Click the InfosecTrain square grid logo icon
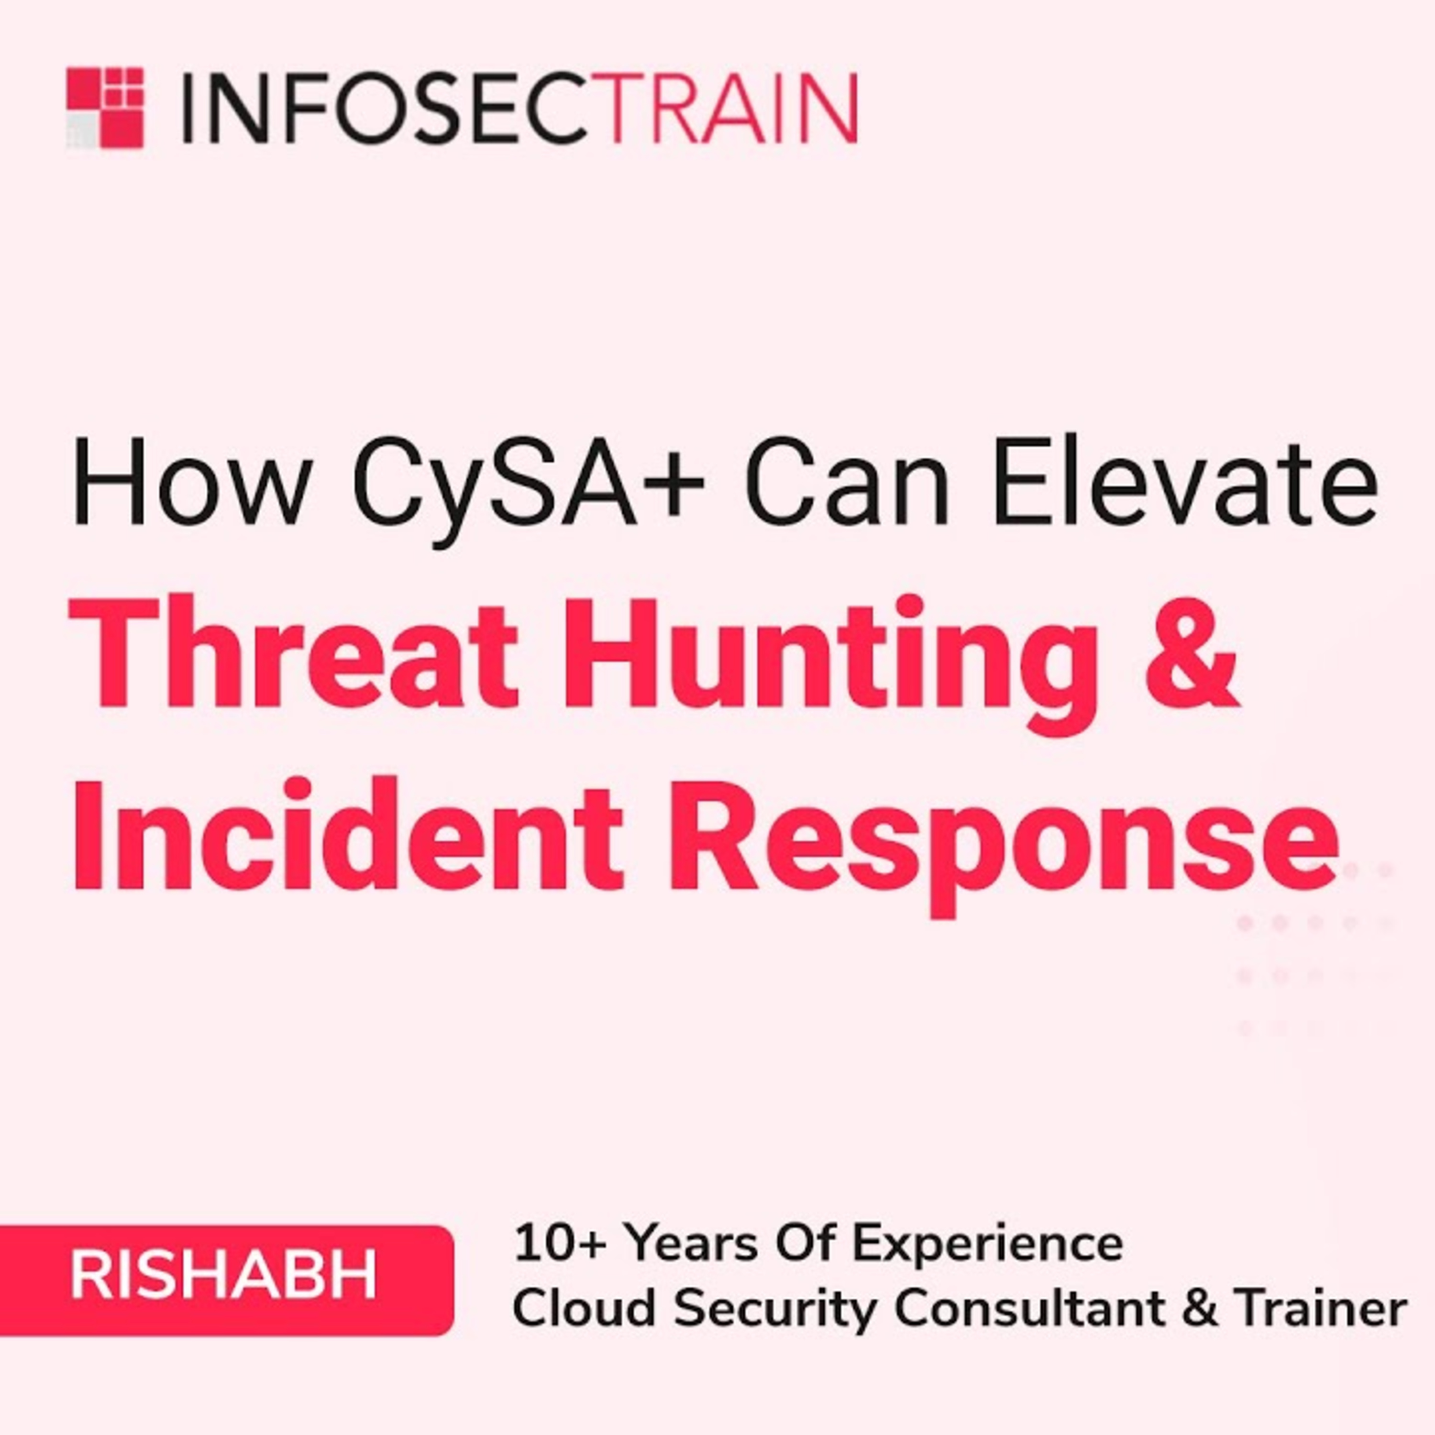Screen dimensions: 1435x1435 pos(105,108)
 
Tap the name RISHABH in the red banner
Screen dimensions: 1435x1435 pos(223,1275)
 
